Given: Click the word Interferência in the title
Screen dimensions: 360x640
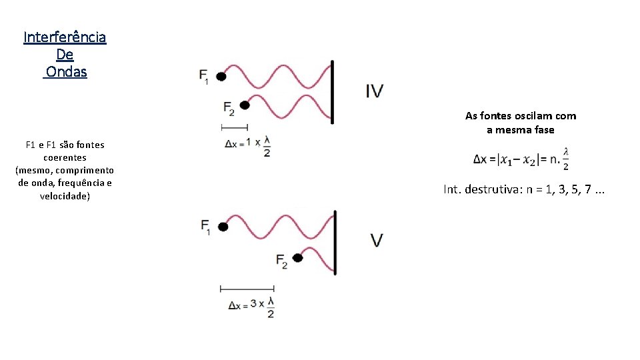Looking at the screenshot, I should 65,37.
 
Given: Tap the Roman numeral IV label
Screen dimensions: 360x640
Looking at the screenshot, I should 375,91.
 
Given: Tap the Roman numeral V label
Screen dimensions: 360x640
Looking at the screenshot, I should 377,240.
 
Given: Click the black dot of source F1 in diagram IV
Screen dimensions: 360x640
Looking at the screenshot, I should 221,77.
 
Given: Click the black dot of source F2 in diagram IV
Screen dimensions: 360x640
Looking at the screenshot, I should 245,105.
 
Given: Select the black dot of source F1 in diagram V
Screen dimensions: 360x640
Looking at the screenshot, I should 223,227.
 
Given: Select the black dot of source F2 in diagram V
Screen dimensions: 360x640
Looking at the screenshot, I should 298,258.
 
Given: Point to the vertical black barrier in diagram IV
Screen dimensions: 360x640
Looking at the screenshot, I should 332,91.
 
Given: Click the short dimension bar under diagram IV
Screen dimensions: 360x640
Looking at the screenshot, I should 235,127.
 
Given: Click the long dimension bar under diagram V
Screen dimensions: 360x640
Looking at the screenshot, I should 247,289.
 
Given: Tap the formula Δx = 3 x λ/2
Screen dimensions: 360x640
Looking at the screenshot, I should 251,305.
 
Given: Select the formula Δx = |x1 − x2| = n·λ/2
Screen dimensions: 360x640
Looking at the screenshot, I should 521,159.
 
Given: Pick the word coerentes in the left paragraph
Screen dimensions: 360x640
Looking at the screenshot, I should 65,158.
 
